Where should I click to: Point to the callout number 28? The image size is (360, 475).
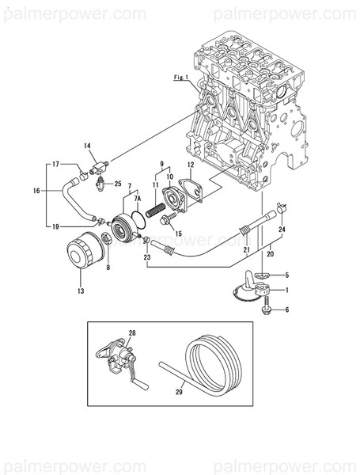tap(133, 333)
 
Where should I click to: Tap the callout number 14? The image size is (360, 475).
tap(88, 145)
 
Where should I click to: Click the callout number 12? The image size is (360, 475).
tap(190, 165)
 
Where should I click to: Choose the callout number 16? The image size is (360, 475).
tap(36, 191)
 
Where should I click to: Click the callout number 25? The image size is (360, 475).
tap(118, 184)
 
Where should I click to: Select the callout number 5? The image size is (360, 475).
tap(286, 275)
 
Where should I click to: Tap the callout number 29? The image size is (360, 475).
tap(179, 390)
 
